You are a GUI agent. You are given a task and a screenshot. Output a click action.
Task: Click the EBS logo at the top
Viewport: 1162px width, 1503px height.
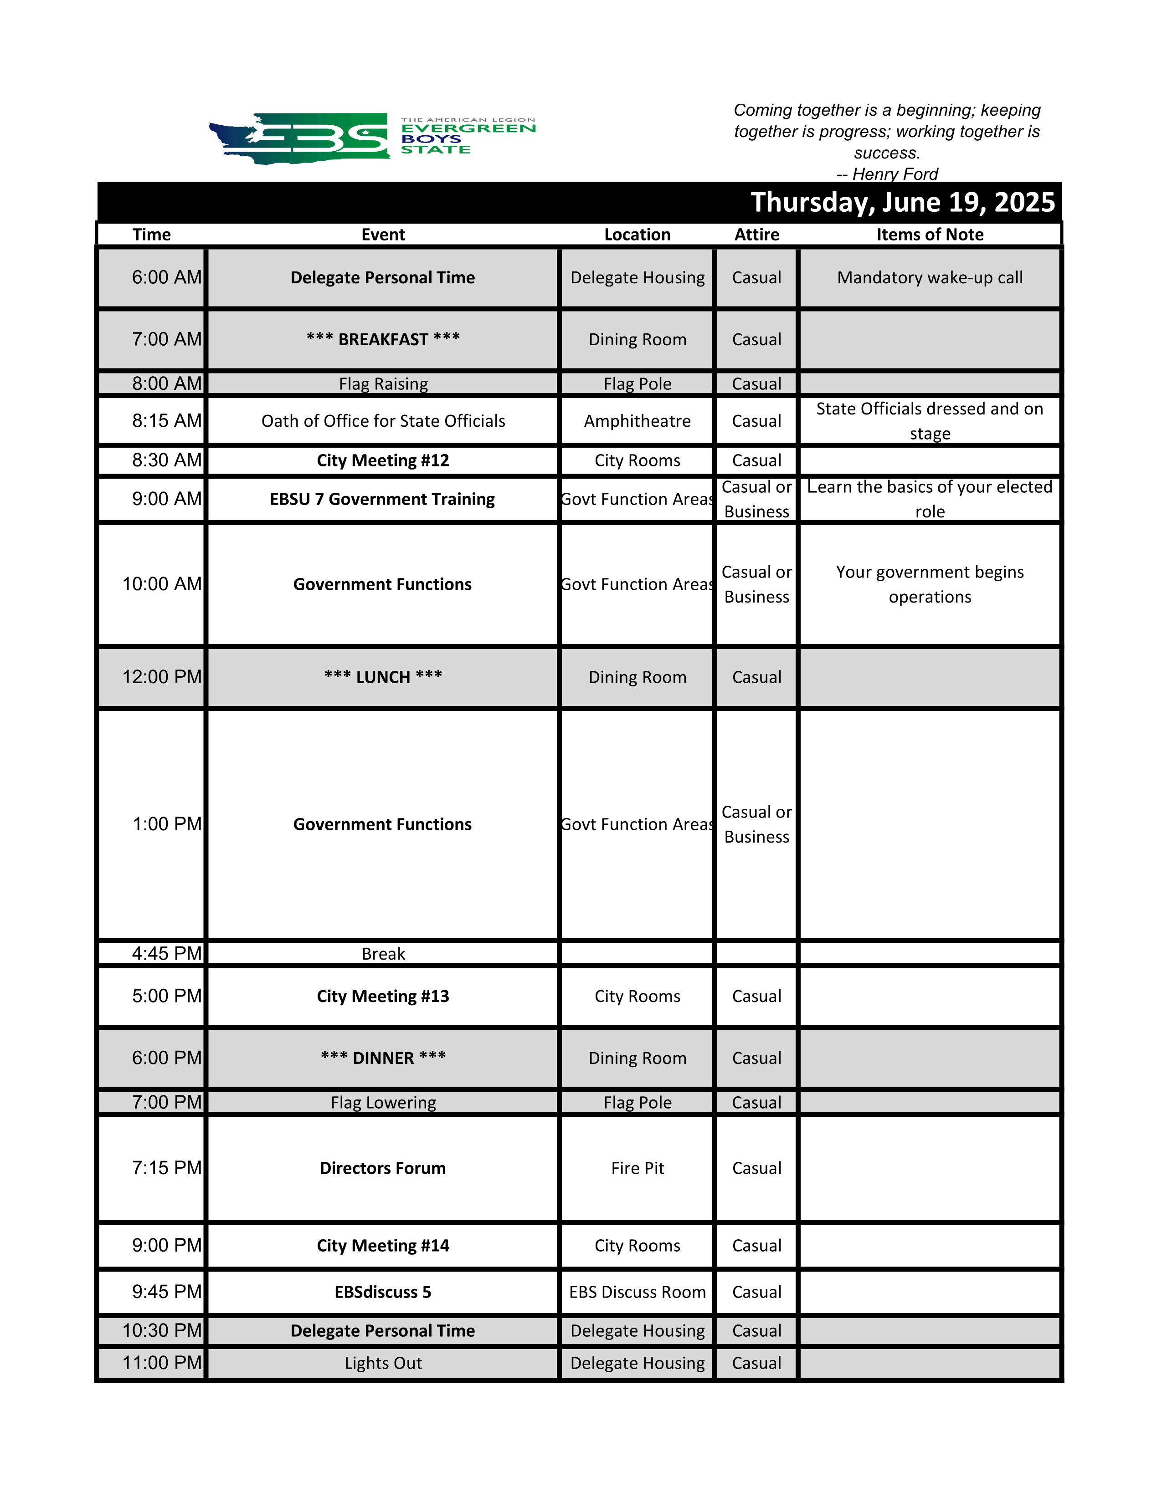point(372,138)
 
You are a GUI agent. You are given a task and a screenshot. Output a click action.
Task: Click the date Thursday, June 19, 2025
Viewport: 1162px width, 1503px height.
point(902,202)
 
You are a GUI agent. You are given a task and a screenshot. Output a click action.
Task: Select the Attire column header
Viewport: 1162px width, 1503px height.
point(756,235)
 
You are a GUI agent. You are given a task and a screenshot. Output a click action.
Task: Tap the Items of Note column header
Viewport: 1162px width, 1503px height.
point(929,235)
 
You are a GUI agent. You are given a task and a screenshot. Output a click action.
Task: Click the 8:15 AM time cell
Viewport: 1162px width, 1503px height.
point(167,420)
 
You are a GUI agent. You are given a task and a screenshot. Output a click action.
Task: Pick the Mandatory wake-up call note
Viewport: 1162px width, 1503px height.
point(929,277)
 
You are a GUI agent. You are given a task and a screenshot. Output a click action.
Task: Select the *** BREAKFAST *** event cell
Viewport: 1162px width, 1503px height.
point(383,339)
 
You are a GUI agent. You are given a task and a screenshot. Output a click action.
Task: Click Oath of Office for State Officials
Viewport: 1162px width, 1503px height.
point(383,420)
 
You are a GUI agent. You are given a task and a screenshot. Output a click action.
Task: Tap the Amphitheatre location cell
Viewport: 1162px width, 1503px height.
point(637,420)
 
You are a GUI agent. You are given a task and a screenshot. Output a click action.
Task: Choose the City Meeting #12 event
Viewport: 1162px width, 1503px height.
point(383,460)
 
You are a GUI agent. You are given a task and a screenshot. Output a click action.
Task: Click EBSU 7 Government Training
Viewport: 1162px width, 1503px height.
point(383,499)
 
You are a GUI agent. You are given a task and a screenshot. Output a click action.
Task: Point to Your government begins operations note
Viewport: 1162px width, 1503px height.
point(929,584)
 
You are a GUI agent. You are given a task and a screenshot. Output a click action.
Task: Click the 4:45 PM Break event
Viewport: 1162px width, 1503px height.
point(383,954)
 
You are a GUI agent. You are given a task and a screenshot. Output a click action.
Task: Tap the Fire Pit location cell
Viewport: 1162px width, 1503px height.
point(637,1168)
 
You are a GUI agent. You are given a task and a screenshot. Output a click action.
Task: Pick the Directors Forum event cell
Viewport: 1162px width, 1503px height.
point(383,1168)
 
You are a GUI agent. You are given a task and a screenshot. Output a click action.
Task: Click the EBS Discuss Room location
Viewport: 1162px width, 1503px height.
point(637,1292)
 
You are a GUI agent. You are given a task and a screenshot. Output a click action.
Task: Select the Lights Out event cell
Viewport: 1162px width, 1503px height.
point(383,1363)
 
